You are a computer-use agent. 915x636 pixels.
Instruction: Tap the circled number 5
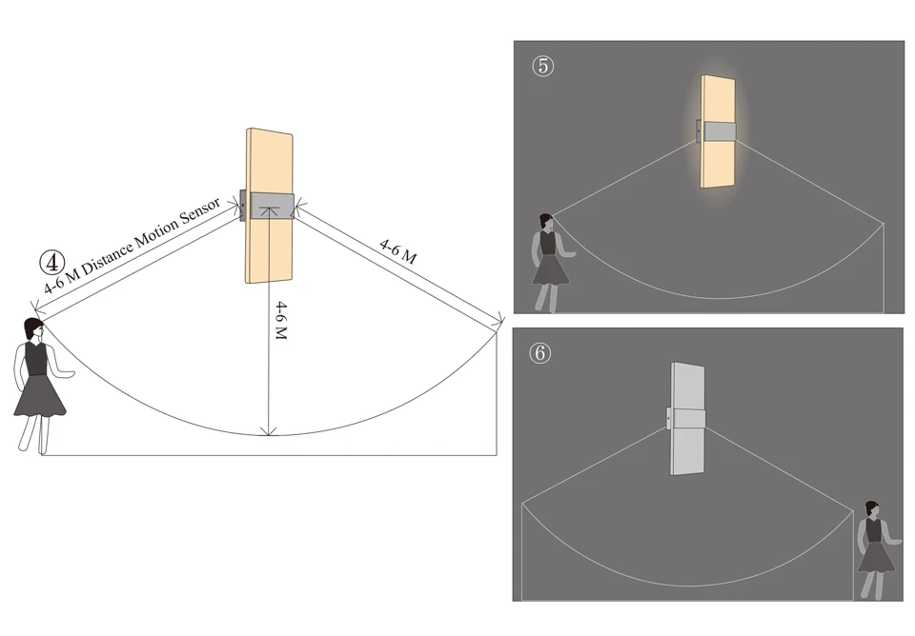click(542, 68)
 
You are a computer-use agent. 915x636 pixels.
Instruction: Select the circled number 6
click(539, 352)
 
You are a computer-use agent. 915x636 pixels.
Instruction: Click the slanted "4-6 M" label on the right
click(398, 251)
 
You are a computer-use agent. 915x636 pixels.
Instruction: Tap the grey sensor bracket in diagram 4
click(270, 206)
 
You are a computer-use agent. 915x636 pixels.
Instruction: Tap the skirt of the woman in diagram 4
click(40, 394)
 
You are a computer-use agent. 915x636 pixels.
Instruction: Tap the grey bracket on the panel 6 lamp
click(688, 419)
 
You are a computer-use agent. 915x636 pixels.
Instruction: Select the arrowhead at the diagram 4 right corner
click(497, 322)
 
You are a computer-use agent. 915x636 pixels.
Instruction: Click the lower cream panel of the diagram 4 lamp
click(270, 252)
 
